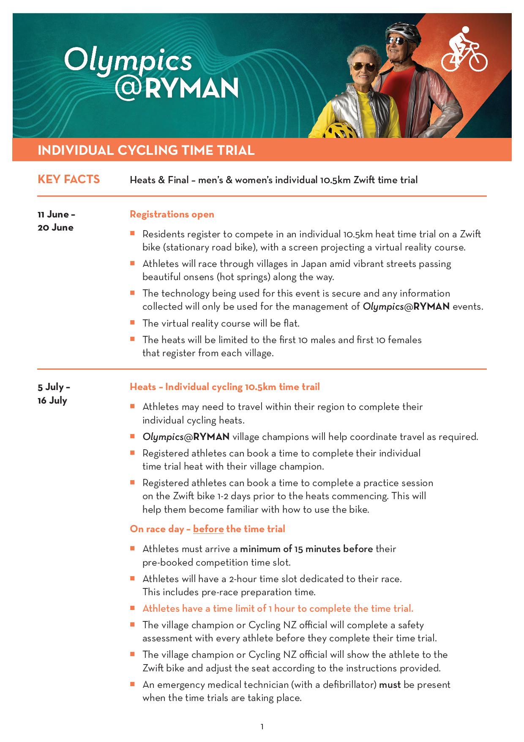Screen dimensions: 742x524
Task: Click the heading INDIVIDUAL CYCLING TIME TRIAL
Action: click(x=146, y=150)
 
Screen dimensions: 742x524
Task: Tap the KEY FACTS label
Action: click(x=68, y=179)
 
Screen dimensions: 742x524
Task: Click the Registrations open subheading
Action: click(x=172, y=214)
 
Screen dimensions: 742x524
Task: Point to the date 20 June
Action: click(x=55, y=228)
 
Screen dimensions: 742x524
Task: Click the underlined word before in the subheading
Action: click(x=208, y=529)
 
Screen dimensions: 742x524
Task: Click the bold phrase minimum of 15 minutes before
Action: click(x=306, y=549)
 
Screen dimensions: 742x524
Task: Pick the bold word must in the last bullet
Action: click(x=390, y=684)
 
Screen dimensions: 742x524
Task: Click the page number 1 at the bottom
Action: click(x=262, y=727)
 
